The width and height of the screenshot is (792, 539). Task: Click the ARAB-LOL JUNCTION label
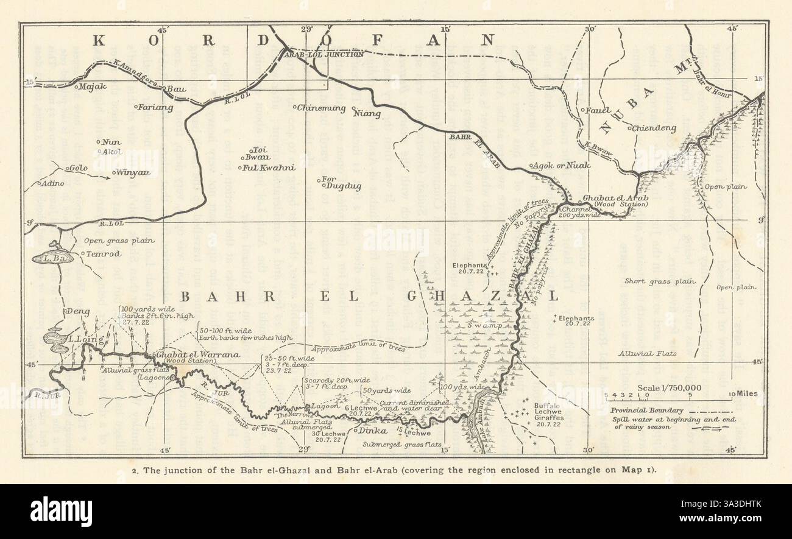(324, 54)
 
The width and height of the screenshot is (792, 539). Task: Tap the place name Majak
(93, 86)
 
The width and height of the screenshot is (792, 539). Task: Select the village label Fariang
(156, 108)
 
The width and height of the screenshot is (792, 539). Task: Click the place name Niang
(369, 113)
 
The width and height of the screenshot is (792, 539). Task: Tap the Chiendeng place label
(654, 128)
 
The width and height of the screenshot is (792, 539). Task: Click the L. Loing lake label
(81, 339)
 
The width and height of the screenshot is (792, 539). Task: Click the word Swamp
(485, 326)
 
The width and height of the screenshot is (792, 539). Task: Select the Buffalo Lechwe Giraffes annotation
(550, 412)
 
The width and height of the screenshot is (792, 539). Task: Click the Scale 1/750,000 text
(669, 388)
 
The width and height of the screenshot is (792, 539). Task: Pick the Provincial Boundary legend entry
(647, 410)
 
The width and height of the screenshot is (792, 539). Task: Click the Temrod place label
(101, 253)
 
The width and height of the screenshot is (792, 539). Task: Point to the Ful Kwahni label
(269, 167)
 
